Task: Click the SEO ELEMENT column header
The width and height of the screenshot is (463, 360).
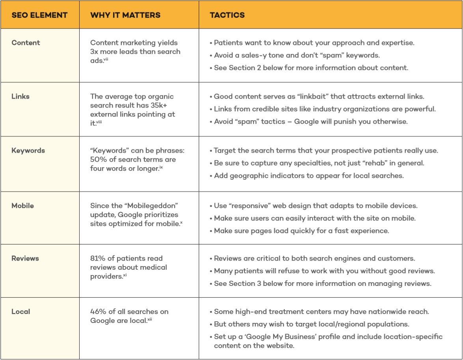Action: (x=39, y=15)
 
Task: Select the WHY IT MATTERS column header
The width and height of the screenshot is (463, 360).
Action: (x=125, y=15)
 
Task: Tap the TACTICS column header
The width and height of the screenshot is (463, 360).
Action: (x=227, y=15)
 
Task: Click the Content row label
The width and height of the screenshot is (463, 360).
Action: (x=26, y=43)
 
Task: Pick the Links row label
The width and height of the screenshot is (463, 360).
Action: (x=21, y=96)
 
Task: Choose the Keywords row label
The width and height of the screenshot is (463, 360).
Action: (x=28, y=150)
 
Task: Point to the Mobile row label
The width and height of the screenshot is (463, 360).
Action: (x=22, y=205)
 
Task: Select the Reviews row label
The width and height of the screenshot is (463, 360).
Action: (x=25, y=258)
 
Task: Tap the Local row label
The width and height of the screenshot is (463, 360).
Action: (x=21, y=312)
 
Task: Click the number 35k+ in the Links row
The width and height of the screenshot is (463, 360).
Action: (x=162, y=105)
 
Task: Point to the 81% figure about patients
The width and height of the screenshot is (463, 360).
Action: (x=97, y=258)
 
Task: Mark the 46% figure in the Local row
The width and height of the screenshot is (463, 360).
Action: (x=98, y=312)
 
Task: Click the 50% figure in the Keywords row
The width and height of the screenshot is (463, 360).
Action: (x=98, y=159)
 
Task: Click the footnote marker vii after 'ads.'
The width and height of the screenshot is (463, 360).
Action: (x=106, y=60)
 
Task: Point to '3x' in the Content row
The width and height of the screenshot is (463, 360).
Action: (x=94, y=52)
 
